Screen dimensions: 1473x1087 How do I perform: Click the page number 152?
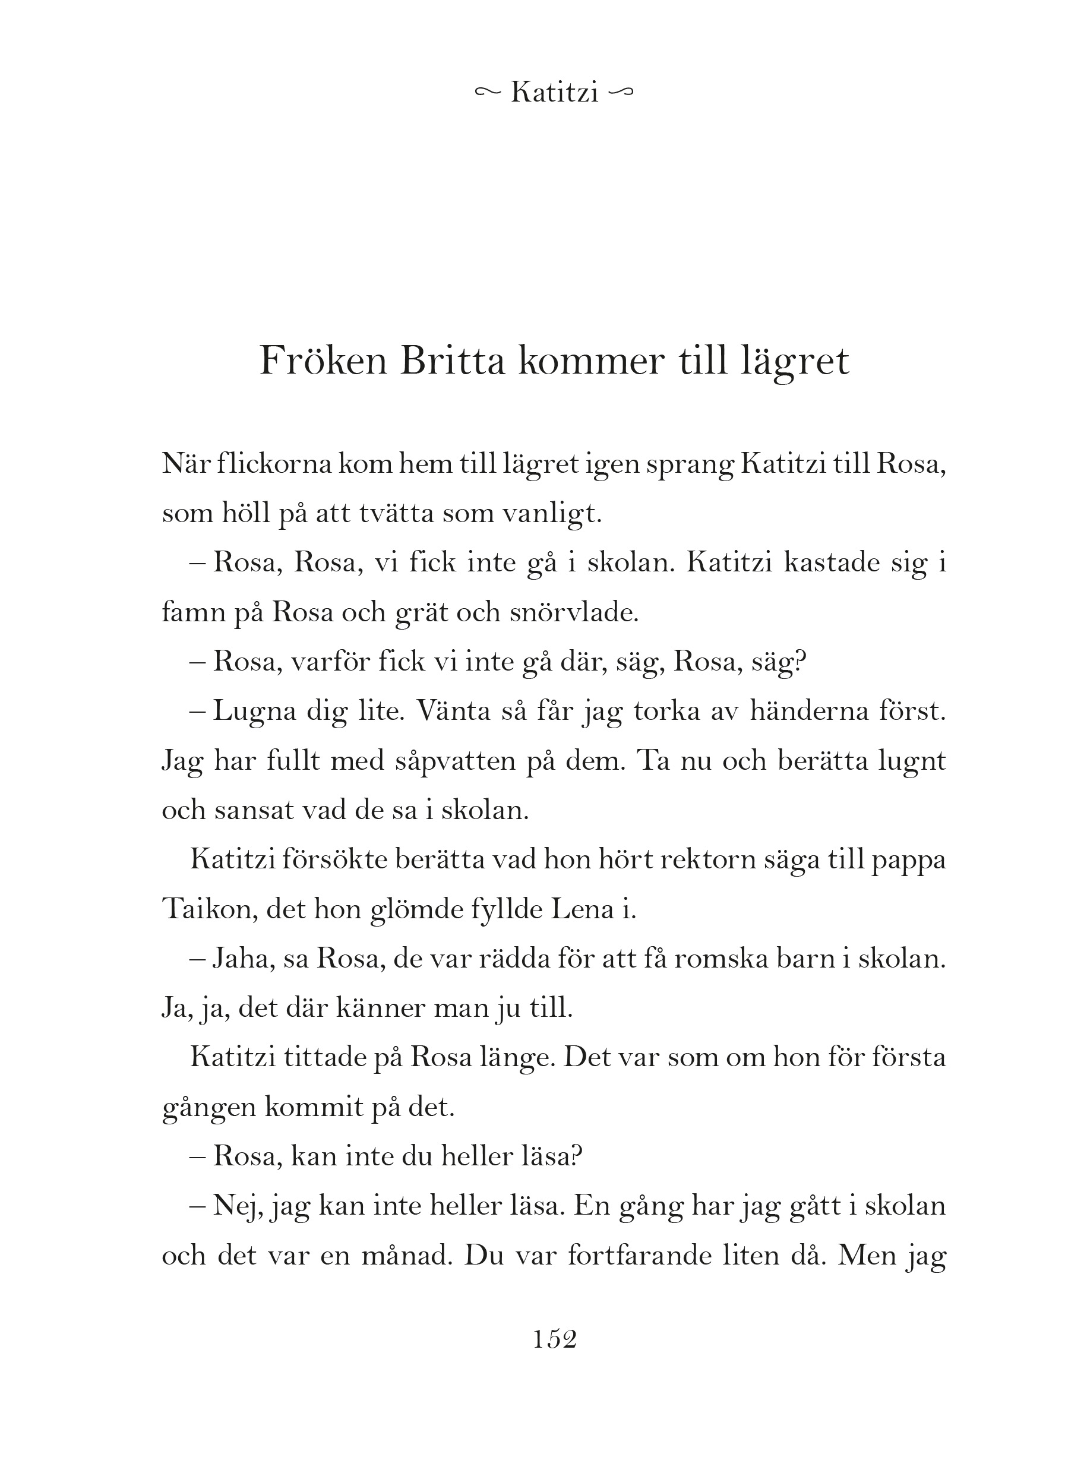point(555,1339)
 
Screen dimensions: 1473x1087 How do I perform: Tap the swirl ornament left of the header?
point(488,93)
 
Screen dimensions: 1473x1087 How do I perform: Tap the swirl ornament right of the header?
point(622,93)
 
